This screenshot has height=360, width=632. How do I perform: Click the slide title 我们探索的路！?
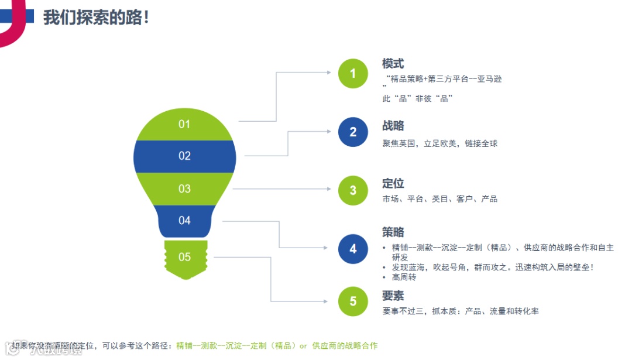tap(97, 18)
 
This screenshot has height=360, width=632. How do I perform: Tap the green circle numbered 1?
tap(353, 74)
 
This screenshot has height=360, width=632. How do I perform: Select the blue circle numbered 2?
tap(353, 132)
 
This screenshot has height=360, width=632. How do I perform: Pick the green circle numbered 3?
tap(353, 190)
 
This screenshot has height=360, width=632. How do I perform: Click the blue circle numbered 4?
tap(353, 249)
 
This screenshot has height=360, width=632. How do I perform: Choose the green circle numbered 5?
tap(353, 301)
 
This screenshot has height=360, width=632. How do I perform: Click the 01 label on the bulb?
tap(185, 124)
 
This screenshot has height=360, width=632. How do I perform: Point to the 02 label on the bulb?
tap(185, 156)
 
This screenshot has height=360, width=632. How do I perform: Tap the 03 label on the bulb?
tap(185, 188)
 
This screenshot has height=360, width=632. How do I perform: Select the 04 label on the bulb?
tap(185, 220)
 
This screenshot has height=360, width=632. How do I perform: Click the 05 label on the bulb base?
tap(185, 256)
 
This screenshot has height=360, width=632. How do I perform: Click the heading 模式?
tap(393, 64)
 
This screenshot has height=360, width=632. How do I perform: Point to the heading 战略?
tap(393, 126)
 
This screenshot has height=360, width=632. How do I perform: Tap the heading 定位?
tap(393, 184)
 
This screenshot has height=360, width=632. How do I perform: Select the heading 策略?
tap(393, 232)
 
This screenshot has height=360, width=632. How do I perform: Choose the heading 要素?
tap(393, 296)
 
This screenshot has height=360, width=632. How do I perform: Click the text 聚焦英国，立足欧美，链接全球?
tap(440, 143)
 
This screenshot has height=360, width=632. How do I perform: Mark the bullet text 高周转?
tap(404, 277)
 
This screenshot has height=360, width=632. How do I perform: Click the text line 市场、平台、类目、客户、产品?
tap(440, 199)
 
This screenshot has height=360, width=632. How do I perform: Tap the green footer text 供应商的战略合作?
tap(345, 346)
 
